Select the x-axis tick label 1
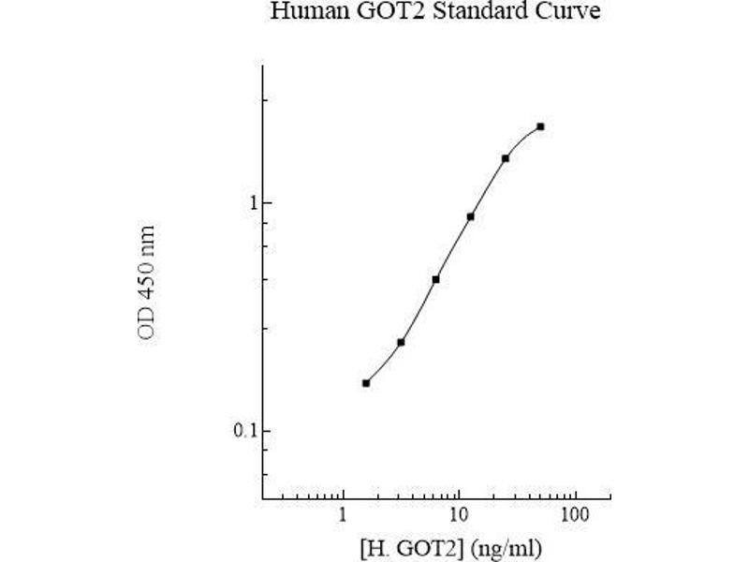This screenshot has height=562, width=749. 344,516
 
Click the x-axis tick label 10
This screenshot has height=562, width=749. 458,516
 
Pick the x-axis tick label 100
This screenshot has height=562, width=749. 574,516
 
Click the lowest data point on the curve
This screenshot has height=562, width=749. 366,383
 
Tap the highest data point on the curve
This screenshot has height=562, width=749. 540,126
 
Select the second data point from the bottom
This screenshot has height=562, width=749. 401,343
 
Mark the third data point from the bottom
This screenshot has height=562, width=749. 435,279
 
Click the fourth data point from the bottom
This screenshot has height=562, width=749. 470,216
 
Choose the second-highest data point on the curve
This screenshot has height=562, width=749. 506,158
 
